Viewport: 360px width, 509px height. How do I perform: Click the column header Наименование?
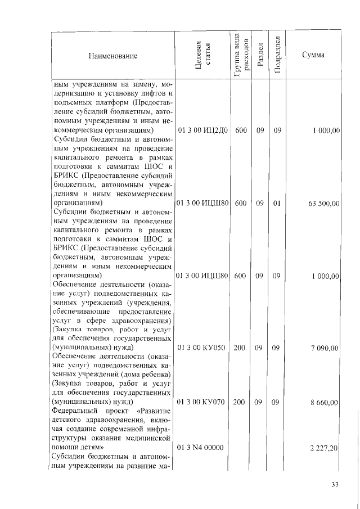[112, 56]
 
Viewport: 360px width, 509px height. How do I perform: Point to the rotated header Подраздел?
[277, 56]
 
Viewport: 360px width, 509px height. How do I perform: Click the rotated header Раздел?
[260, 56]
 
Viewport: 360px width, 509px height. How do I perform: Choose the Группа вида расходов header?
[240, 56]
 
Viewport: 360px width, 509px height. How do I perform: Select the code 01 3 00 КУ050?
[202, 349]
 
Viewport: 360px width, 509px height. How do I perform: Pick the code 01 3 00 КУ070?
[202, 403]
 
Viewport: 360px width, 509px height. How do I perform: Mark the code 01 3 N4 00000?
[202, 448]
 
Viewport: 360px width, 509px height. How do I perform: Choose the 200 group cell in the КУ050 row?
[240, 349]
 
